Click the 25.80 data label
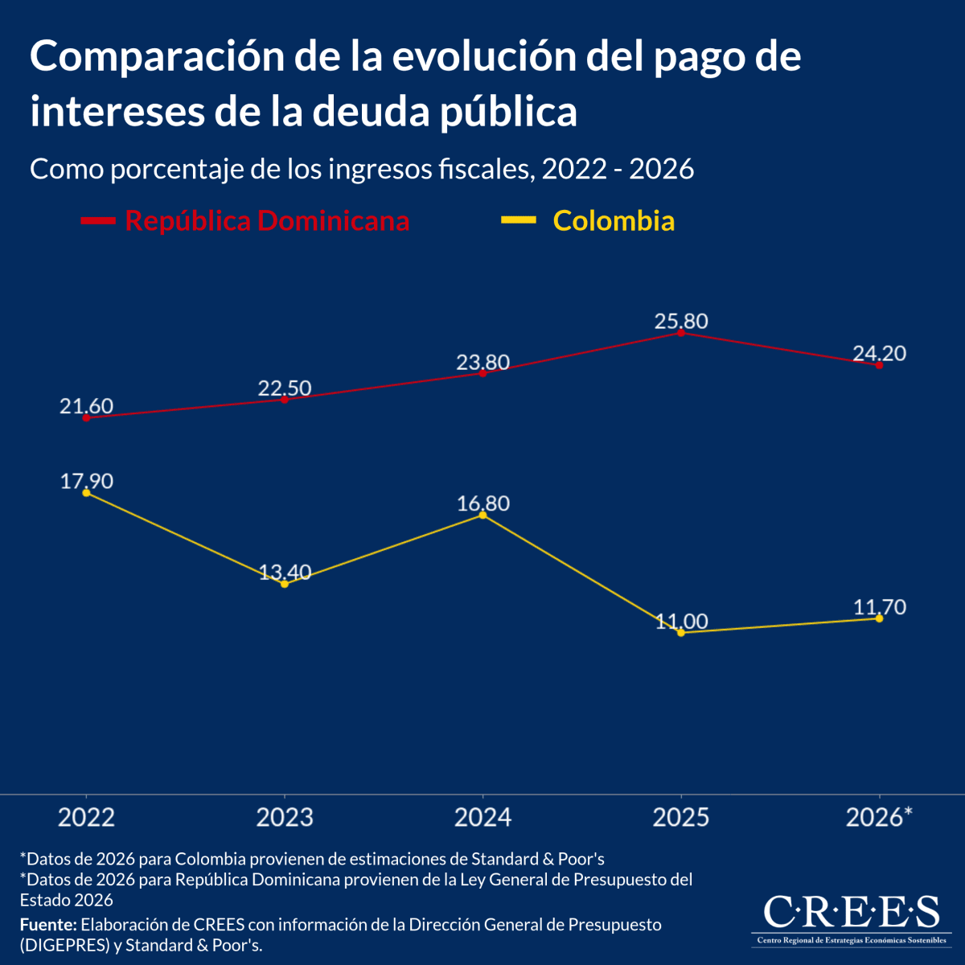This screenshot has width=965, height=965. point(681,322)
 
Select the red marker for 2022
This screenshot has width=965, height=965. point(86,418)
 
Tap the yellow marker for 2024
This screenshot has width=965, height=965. point(482,515)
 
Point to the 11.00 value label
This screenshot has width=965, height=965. point(681,621)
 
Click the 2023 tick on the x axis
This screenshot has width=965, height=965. point(285,817)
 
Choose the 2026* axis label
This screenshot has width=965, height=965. point(879,817)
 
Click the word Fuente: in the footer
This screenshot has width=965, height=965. point(48,924)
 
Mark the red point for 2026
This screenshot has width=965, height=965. point(879,365)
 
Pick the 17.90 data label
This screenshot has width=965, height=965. point(86,481)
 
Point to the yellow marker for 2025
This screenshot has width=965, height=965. point(681,633)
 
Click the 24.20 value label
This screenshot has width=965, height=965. point(879,353)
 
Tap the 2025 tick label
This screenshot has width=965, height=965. point(681,817)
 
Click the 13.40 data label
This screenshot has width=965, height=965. point(285,572)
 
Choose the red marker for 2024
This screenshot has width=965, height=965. point(482,373)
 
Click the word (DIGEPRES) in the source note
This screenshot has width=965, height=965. point(64,946)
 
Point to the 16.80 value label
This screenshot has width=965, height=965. point(482,503)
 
